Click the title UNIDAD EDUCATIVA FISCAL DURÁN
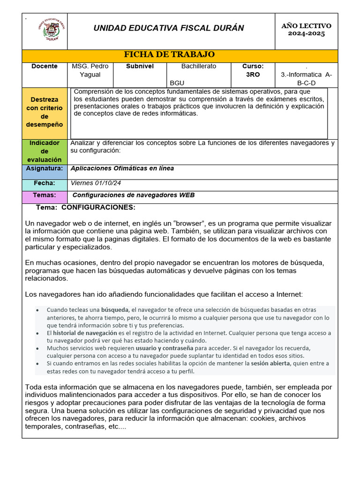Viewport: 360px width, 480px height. pyautogui.click(x=169, y=28)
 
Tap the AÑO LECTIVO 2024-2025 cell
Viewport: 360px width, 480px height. pyautogui.click(x=306, y=30)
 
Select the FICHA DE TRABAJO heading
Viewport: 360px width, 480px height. pyautogui.click(x=169, y=55)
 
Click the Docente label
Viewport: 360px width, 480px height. pyautogui.click(x=45, y=67)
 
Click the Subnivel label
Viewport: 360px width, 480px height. pyautogui.click(x=140, y=67)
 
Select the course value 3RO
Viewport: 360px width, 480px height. pyautogui.click(x=253, y=75)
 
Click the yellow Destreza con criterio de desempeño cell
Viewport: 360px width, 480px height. pyautogui.click(x=45, y=112)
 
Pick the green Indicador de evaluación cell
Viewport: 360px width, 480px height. pyautogui.click(x=45, y=151)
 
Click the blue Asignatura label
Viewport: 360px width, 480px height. pyautogui.click(x=45, y=168)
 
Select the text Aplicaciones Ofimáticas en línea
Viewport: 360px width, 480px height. pyautogui.click(x=122, y=168)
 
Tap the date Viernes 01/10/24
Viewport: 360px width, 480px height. pyautogui.click(x=92, y=183)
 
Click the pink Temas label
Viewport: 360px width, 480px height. pyautogui.click(x=45, y=195)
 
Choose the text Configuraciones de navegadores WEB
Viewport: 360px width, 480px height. pyautogui.click(x=134, y=195)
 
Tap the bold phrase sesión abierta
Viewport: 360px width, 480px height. pyautogui.click(x=270, y=363)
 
